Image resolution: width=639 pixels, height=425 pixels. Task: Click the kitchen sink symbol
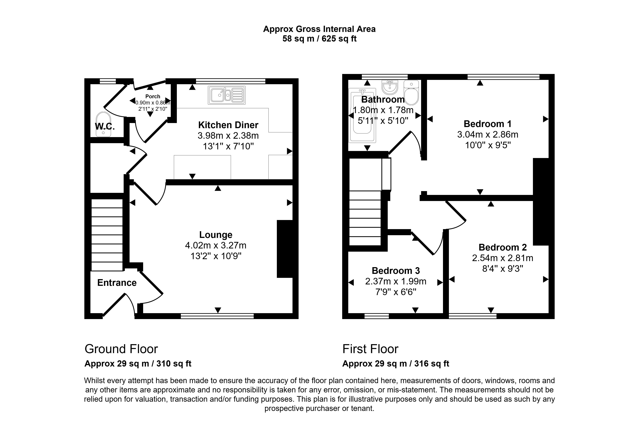pos(227,95)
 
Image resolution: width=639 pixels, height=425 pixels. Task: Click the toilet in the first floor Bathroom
pos(411,93)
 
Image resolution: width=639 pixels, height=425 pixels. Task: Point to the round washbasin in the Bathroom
pos(390,87)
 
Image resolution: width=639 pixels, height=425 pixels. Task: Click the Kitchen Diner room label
pos(228,125)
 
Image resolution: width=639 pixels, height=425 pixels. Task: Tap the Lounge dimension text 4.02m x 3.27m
pos(216,245)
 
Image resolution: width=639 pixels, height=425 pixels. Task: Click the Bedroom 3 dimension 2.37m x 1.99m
pos(396,281)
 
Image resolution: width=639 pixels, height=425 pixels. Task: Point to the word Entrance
pos(117,283)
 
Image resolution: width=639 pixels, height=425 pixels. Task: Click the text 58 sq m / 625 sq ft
pos(319,39)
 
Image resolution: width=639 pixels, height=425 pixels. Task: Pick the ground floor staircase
pos(107,235)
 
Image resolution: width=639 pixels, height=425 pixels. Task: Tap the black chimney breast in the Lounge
pos(285,249)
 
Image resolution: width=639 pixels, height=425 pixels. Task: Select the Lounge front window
pos(217,316)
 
